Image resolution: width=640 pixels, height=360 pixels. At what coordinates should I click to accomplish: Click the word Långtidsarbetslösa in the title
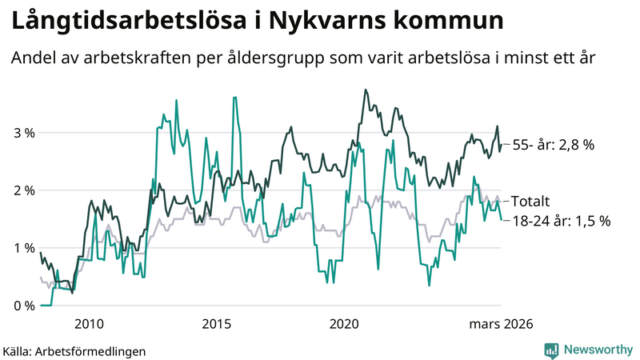(x=124, y=22)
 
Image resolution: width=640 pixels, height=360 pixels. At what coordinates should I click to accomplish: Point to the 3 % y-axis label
(x=23, y=133)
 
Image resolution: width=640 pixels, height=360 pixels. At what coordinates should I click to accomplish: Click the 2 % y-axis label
(x=23, y=190)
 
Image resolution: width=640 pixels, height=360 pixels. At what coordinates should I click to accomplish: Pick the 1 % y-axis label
(x=23, y=248)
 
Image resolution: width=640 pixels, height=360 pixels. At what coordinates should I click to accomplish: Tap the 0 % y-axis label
(x=23, y=306)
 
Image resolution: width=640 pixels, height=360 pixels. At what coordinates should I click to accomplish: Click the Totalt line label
(x=530, y=202)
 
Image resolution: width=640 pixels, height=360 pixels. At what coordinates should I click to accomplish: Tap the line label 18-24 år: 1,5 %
(x=561, y=221)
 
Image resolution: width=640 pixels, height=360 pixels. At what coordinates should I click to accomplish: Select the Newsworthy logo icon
(x=551, y=350)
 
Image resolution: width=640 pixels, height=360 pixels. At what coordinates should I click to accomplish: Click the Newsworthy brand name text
(x=597, y=350)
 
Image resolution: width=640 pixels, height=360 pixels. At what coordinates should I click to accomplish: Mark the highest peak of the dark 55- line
(x=366, y=90)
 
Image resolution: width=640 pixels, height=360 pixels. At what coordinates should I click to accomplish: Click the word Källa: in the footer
(x=18, y=350)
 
